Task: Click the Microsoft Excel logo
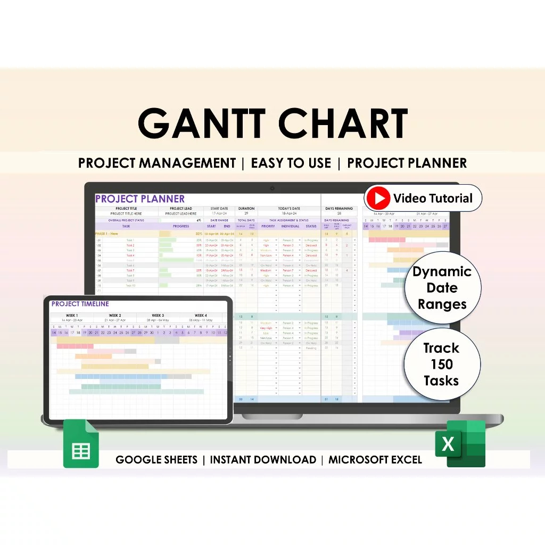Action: pyautogui.click(x=460, y=443)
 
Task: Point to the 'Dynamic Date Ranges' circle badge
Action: pyautogui.click(x=441, y=288)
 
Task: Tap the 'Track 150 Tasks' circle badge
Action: pyautogui.click(x=441, y=364)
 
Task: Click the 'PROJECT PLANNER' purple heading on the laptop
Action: pyautogui.click(x=139, y=199)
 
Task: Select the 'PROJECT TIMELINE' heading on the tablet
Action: pyautogui.click(x=80, y=304)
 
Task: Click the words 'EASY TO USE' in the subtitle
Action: pyautogui.click(x=291, y=163)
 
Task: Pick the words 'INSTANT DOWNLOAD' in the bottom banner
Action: pyautogui.click(x=263, y=460)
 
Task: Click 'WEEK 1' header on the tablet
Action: pyautogui.click(x=71, y=316)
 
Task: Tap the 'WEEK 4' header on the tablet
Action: pyautogui.click(x=201, y=316)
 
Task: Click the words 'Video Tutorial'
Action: pyautogui.click(x=433, y=199)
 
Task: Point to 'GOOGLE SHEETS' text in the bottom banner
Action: pyautogui.click(x=156, y=460)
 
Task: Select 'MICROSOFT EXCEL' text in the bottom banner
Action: pyautogui.click(x=375, y=460)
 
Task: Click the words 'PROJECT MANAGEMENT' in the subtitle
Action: pyautogui.click(x=156, y=163)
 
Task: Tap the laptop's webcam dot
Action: pyautogui.click(x=272, y=188)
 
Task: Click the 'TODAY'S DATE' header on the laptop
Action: pyautogui.click(x=289, y=209)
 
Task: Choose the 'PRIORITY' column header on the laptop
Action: pyautogui.click(x=268, y=226)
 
